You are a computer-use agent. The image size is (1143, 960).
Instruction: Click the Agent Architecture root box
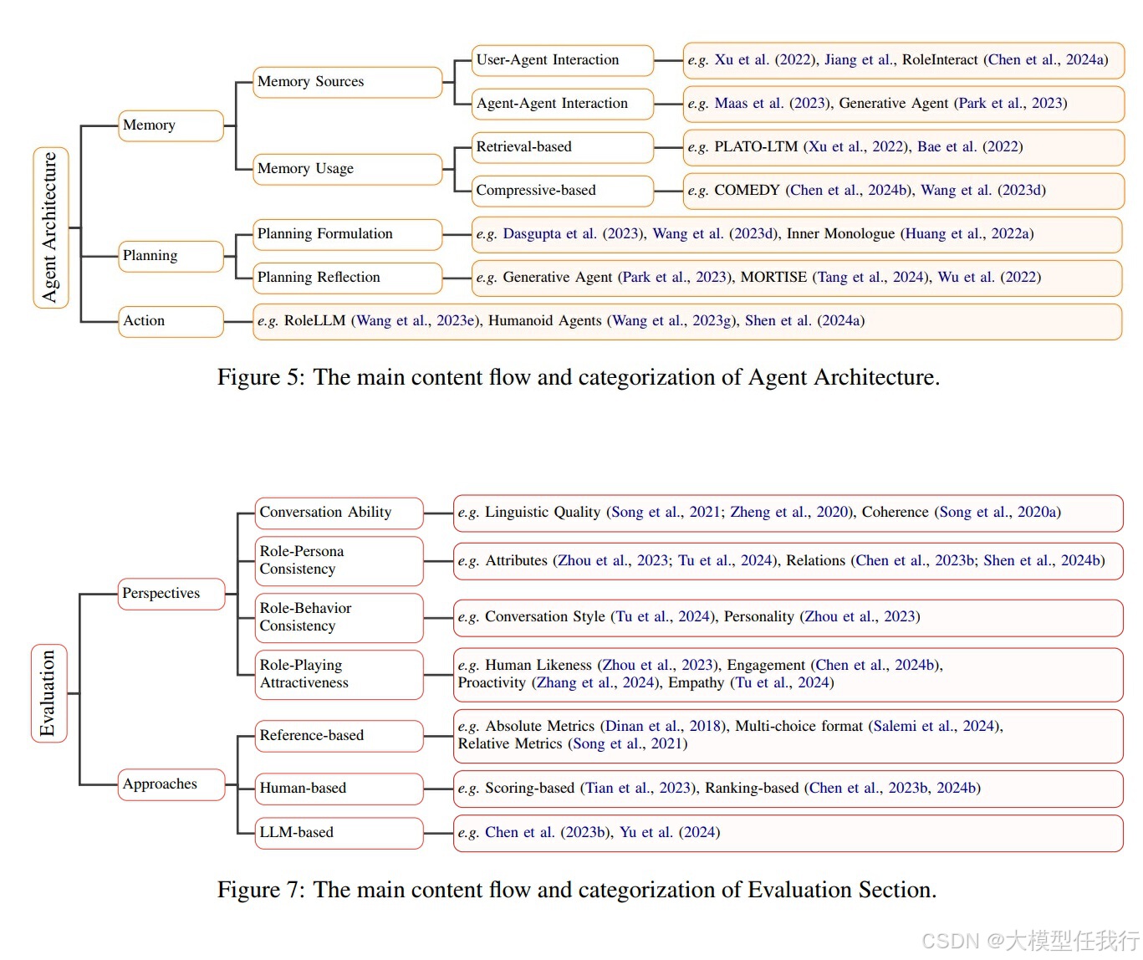pyautogui.click(x=50, y=227)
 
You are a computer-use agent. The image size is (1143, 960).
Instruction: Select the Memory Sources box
pyautogui.click(x=346, y=82)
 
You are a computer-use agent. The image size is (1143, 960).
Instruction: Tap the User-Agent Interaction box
pyautogui.click(x=561, y=60)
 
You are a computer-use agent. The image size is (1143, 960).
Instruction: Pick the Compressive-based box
pyautogui.click(x=561, y=191)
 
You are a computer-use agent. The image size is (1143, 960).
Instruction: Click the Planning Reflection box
pyautogui.click(x=346, y=278)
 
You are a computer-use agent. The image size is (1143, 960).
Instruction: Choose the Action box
pyautogui.click(x=171, y=321)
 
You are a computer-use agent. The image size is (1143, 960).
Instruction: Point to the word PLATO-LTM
pyautogui.click(x=755, y=147)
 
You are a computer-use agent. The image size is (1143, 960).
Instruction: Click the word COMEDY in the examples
pyautogui.click(x=746, y=191)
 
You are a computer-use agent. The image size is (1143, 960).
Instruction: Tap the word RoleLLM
pyautogui.click(x=314, y=321)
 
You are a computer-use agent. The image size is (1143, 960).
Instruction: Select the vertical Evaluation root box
pyautogui.click(x=48, y=693)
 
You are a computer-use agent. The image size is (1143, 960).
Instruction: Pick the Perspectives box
pyautogui.click(x=171, y=594)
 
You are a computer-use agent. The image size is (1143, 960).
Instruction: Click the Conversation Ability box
pyautogui.click(x=339, y=513)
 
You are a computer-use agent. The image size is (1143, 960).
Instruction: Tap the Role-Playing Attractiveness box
pyautogui.click(x=339, y=674)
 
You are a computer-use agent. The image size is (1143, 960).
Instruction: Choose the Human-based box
pyautogui.click(x=339, y=789)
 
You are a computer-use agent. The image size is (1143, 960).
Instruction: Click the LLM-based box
pyautogui.click(x=339, y=833)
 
